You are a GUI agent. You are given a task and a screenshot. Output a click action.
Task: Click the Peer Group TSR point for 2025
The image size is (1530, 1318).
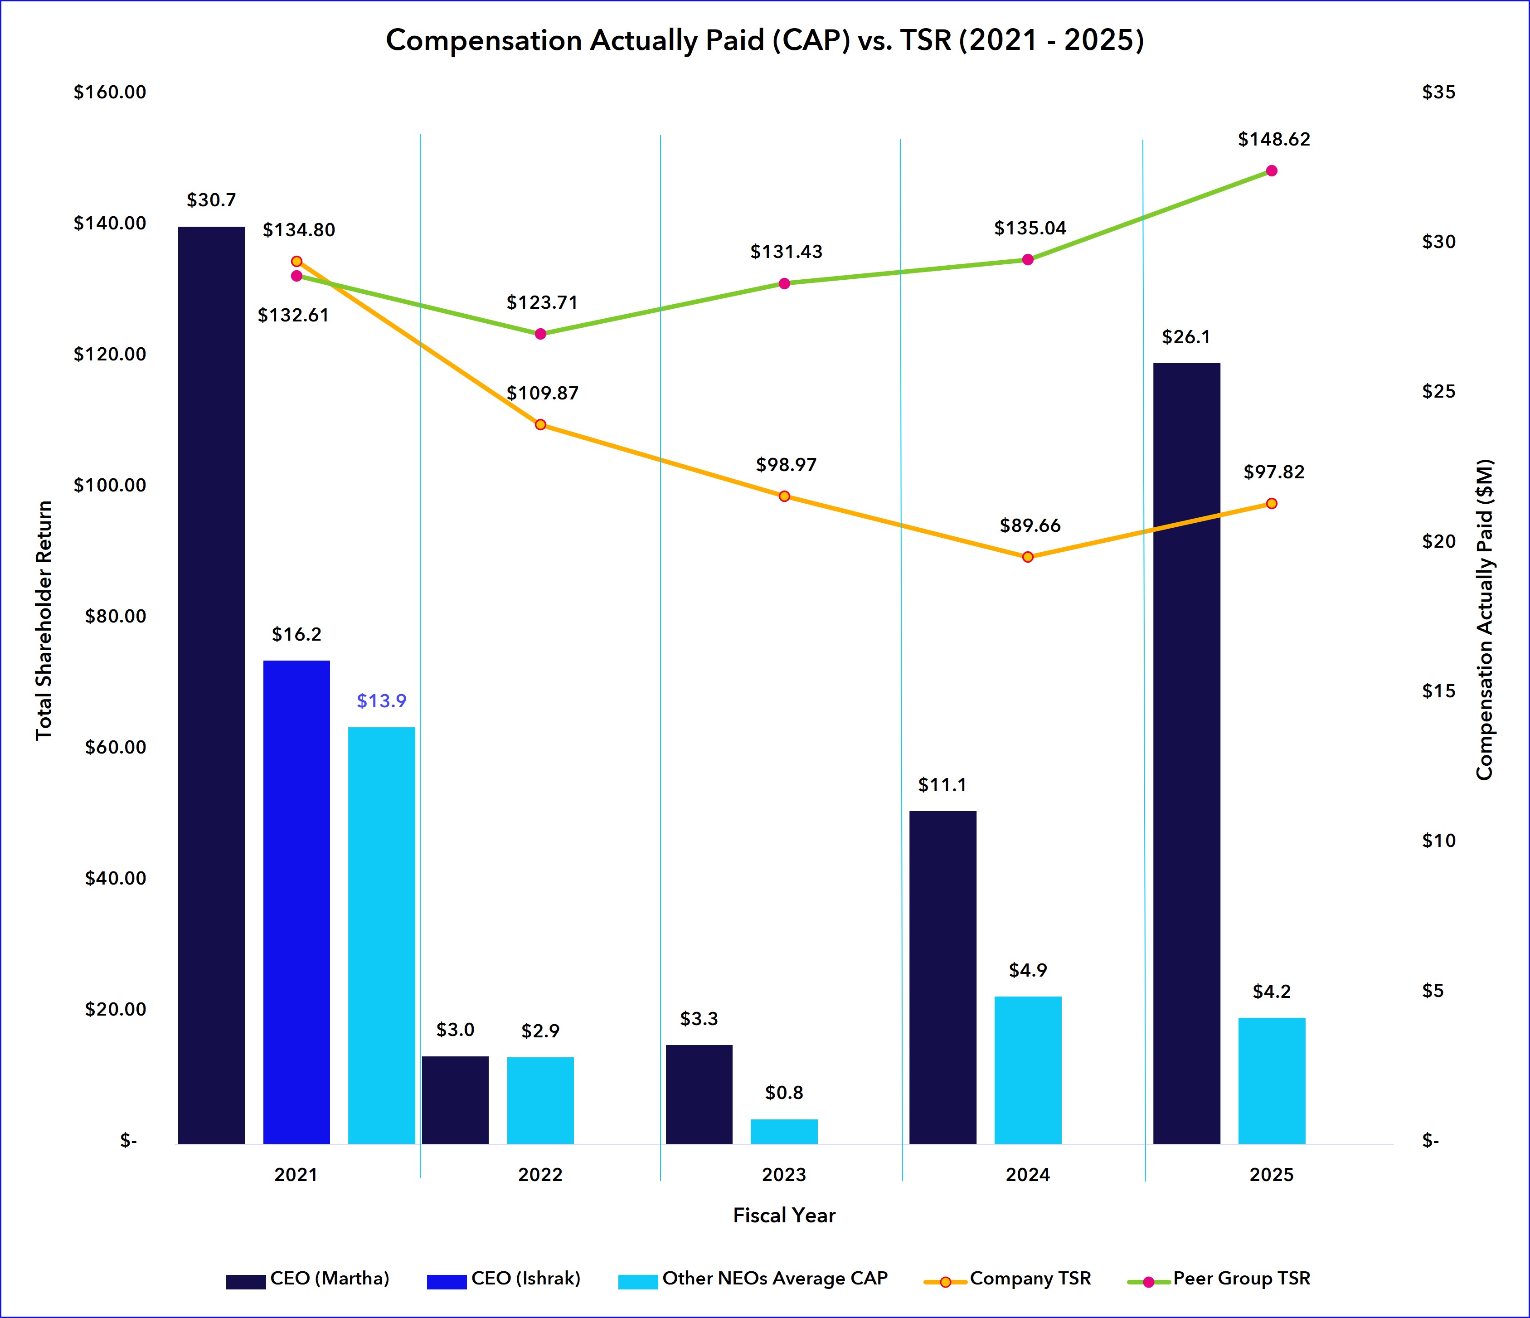tap(1271, 170)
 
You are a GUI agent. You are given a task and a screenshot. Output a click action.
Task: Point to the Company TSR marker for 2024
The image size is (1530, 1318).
tap(1027, 557)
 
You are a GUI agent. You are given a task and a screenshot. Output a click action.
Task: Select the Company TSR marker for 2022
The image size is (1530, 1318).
tap(540, 424)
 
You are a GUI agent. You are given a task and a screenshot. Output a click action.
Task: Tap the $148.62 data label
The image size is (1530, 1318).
tap(1274, 140)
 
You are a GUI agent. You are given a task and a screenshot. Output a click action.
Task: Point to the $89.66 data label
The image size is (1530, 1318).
tap(1030, 526)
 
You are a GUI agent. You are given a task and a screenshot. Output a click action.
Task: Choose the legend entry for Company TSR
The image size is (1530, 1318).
tap(1030, 1278)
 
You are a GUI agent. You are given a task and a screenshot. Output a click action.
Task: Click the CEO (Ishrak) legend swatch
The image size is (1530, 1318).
tap(446, 1281)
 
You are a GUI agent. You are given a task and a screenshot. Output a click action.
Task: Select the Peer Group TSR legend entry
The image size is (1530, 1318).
tap(1240, 1278)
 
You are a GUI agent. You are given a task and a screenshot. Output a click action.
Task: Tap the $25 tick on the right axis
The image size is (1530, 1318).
tap(1438, 391)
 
